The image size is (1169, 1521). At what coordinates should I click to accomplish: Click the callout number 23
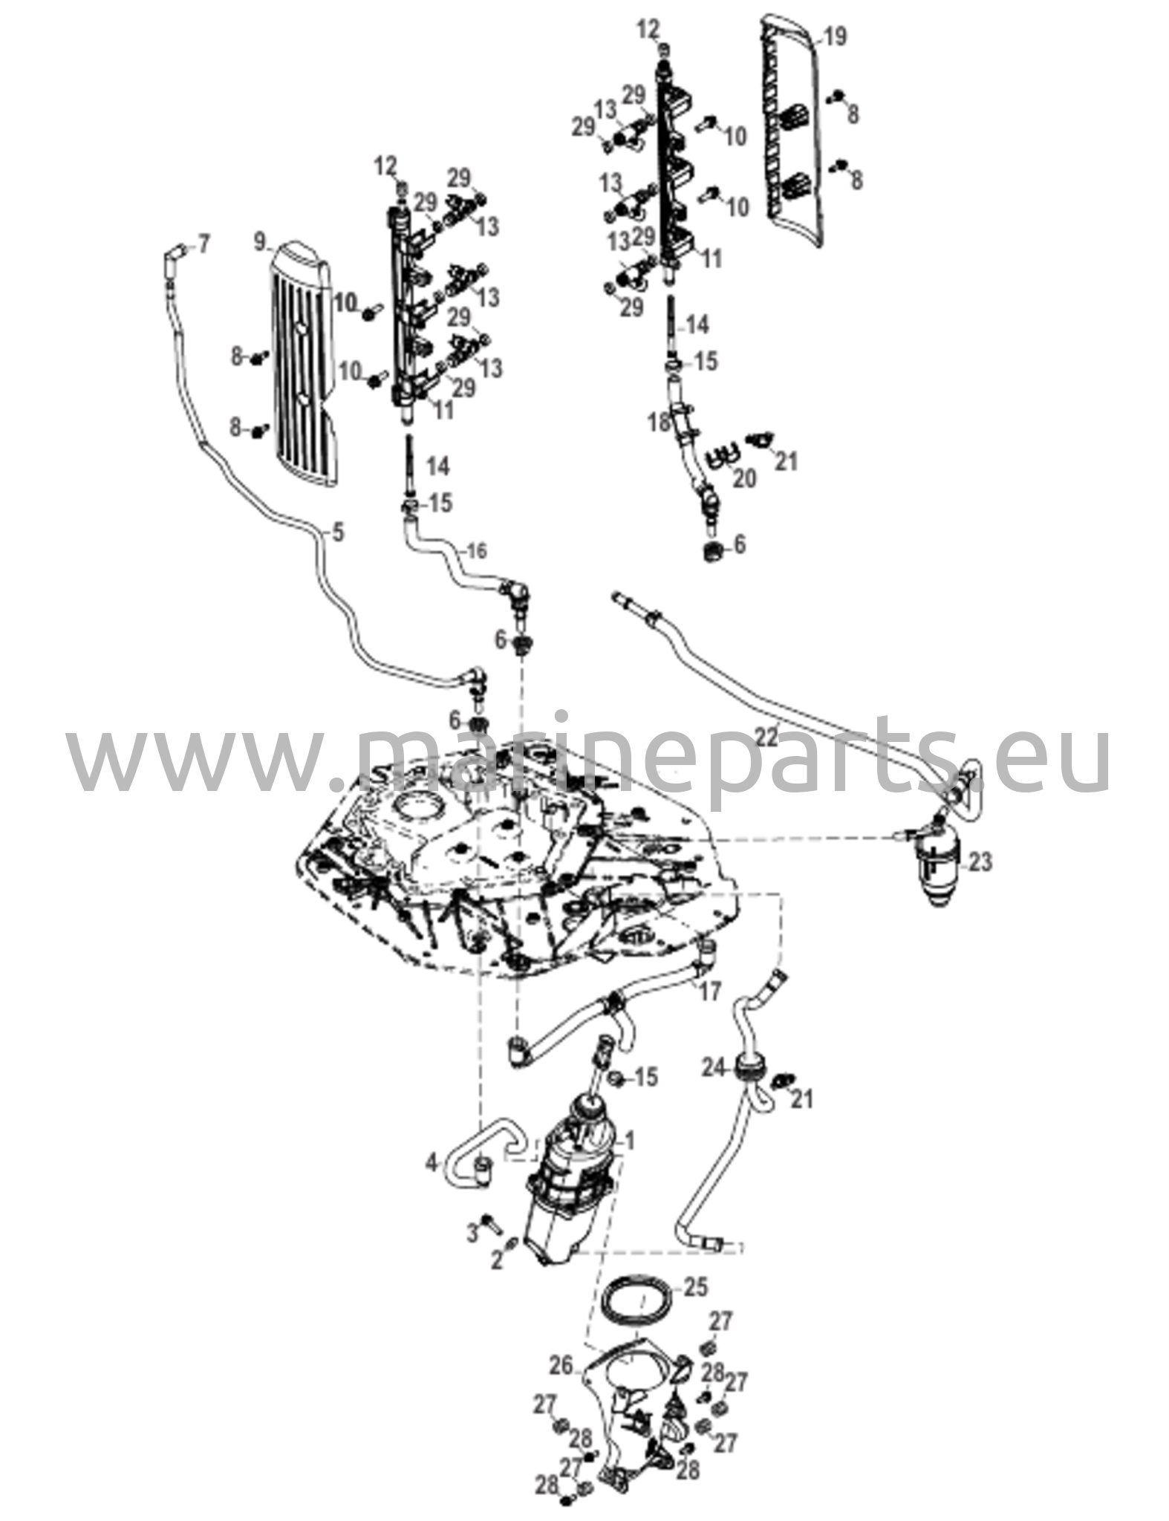(x=980, y=863)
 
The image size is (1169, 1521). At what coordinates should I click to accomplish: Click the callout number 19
(x=836, y=36)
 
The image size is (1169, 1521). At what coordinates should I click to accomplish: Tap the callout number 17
(x=711, y=991)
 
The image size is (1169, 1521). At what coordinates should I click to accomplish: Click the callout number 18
(x=658, y=423)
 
